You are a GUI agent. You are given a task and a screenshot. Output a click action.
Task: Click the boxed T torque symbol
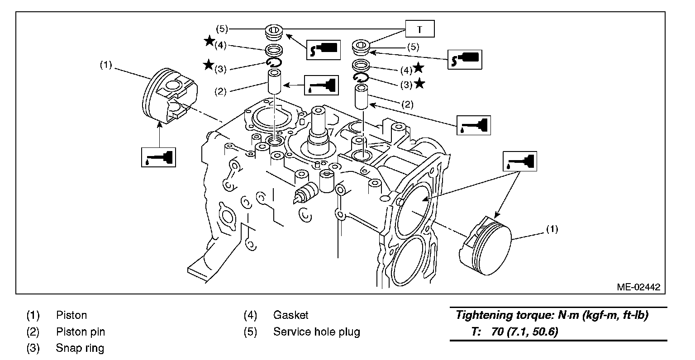pyautogui.click(x=419, y=29)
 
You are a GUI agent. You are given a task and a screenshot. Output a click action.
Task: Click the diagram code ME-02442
pyautogui.click(x=638, y=287)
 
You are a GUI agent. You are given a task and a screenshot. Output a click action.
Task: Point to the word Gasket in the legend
pyautogui.click(x=290, y=315)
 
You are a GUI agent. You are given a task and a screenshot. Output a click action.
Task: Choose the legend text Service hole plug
pyautogui.click(x=316, y=332)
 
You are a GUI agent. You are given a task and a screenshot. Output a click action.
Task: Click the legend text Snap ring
pyautogui.click(x=80, y=348)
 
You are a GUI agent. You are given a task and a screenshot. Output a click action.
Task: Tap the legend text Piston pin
pyautogui.click(x=80, y=332)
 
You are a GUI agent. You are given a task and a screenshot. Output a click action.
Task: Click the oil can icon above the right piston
pyautogui.click(x=521, y=161)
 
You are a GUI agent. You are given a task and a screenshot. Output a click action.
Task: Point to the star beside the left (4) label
pyautogui.click(x=209, y=41)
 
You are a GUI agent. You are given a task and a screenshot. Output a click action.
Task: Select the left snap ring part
pyautogui.click(x=274, y=62)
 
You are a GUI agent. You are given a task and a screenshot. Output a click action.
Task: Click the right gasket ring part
pyautogui.click(x=362, y=64)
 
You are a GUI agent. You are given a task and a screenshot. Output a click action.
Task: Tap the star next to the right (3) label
pyautogui.click(x=420, y=84)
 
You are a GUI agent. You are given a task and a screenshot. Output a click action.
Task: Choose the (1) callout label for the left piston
pyautogui.click(x=105, y=65)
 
